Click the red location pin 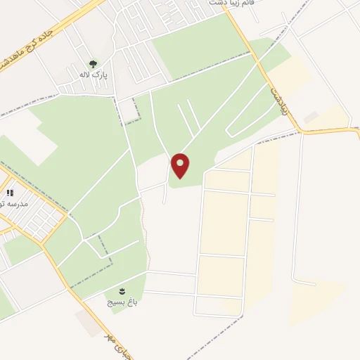pyautogui.click(x=181, y=165)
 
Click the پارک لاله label pyautogui.click(x=93, y=74)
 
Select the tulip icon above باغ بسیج pyautogui.click(x=121, y=290)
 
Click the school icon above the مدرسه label pyautogui.click(x=10, y=192)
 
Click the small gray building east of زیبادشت pyautogui.click(x=310, y=117)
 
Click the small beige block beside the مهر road pyautogui.click(x=87, y=323)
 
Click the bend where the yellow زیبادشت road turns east pyautogui.click(x=298, y=129)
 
